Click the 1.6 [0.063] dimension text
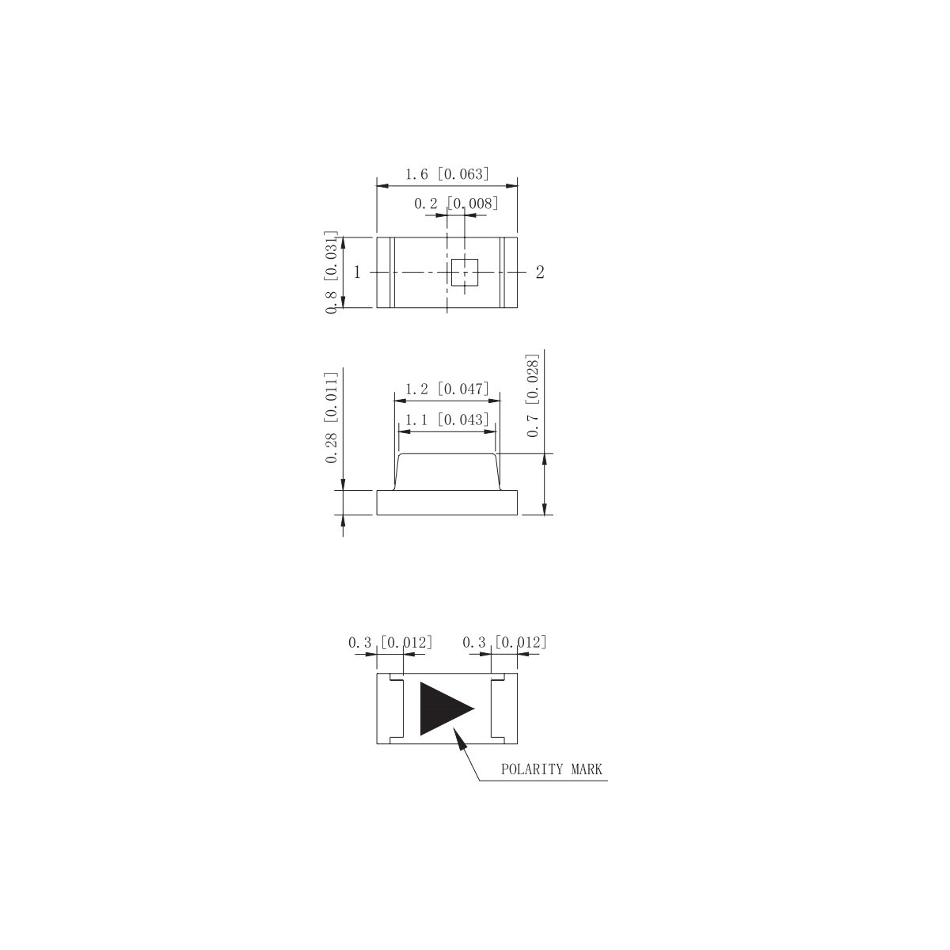pos(447,174)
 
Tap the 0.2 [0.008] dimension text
pos(456,203)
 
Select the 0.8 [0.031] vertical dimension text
pos(332,272)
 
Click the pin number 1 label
pos(357,272)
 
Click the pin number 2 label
pos(540,272)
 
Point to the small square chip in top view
pos(465,272)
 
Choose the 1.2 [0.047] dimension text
pos(447,389)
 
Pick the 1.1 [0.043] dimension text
pos(447,420)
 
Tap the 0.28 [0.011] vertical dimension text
pos(332,417)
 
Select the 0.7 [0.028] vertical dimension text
pos(533,395)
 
